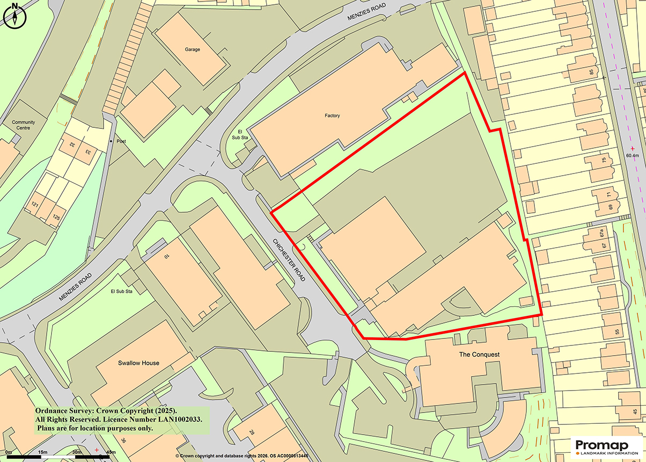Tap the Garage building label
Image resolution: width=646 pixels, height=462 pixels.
pos(193,49)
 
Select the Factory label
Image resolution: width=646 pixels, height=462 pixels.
pos(332,115)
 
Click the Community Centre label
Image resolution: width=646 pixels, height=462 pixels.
pos(23,125)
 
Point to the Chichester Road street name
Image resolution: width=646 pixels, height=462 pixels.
pos(289,260)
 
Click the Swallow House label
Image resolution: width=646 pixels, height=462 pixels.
pos(138,363)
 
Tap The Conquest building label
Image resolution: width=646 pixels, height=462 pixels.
pos(479,355)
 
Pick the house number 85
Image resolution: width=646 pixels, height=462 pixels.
pos(592,71)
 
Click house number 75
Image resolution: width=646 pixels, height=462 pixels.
pos(604,160)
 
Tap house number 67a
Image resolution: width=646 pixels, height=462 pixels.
pos(602,234)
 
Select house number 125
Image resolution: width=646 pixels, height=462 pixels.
pos(55,218)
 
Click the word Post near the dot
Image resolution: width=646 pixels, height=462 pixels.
pos(121,141)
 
